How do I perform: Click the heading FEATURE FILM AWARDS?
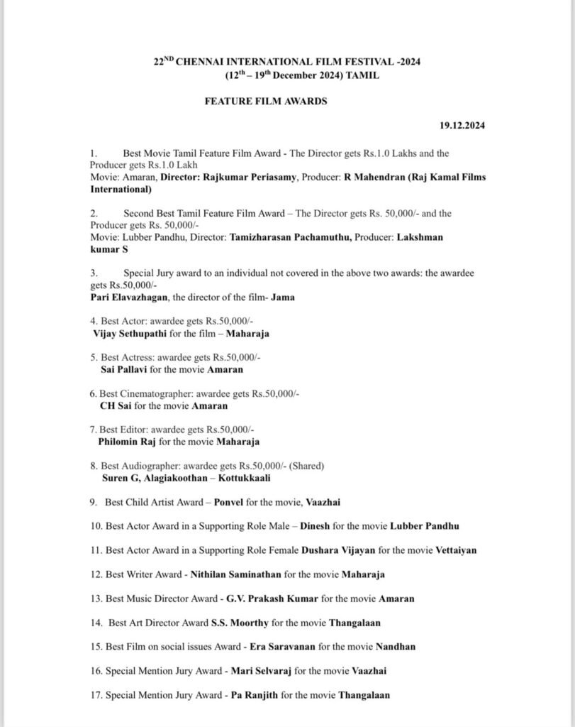(266, 102)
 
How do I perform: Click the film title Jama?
(284, 297)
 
